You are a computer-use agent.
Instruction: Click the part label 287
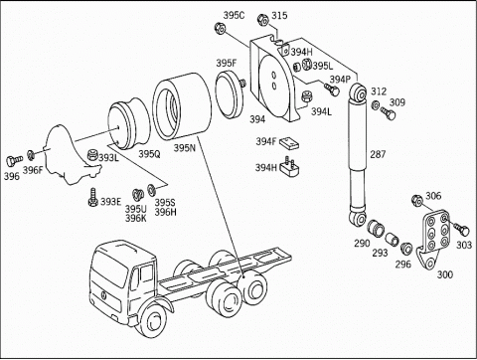tap(378, 154)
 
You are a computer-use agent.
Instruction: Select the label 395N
tap(185, 148)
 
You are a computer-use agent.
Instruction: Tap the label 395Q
tap(149, 154)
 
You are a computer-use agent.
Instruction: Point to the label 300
tap(445, 274)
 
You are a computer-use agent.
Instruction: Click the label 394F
tap(265, 141)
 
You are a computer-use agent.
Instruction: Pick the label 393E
tap(110, 202)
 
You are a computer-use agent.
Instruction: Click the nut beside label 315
tap(263, 19)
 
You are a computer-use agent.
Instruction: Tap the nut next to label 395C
tap(220, 28)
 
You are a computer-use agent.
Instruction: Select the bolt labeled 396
tap(14, 161)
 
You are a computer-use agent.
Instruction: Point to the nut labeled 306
tap(416, 200)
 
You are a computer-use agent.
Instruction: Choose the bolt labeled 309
tap(388, 113)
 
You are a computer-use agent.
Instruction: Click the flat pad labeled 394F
tap(289, 143)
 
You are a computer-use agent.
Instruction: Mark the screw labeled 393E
tap(92, 198)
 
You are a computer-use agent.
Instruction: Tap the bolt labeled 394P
tap(332, 90)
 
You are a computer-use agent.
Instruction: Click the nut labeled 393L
tap(93, 155)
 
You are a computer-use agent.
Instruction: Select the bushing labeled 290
tap(376, 228)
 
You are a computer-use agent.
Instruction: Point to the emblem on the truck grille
tap(103, 295)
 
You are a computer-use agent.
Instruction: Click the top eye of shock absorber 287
tap(359, 92)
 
